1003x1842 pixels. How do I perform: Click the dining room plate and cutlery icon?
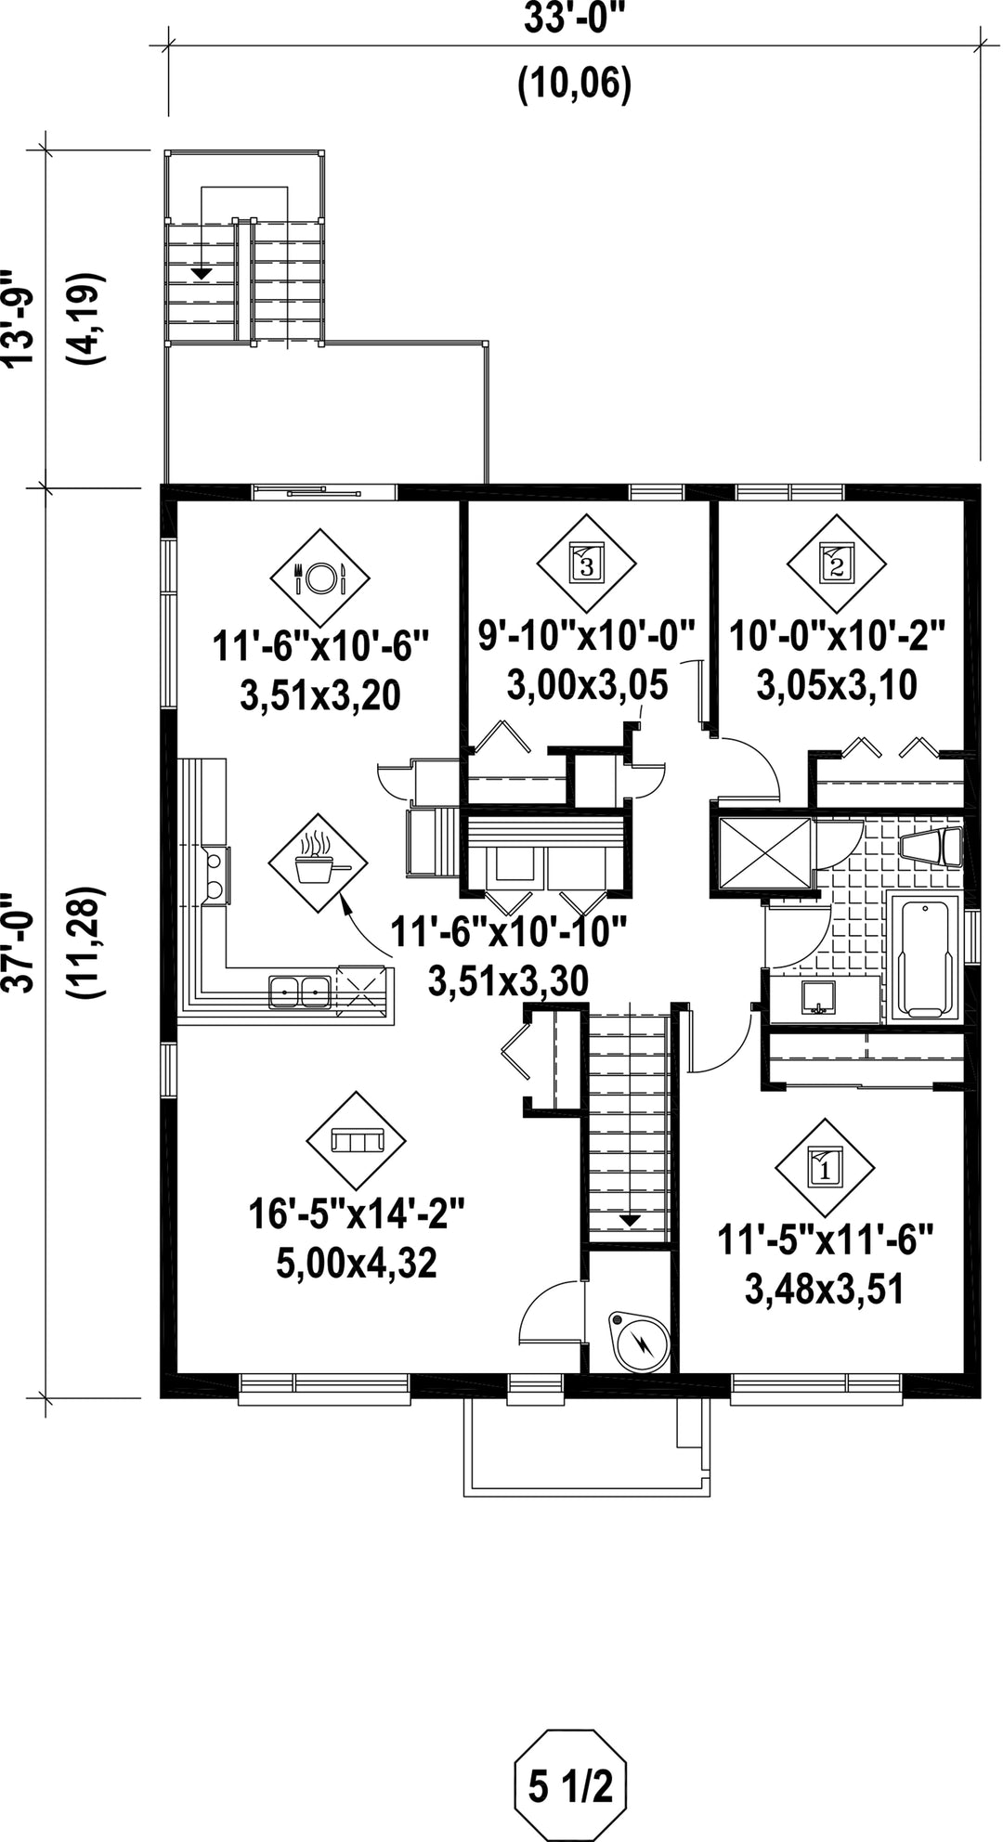coord(319,578)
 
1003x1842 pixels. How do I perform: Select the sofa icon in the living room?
coord(357,1138)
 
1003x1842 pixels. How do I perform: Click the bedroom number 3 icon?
coord(586,563)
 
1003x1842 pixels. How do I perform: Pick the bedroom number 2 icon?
coord(836,563)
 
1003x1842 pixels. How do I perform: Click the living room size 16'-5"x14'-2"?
coord(357,1213)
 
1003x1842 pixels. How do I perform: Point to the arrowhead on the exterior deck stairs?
coord(201,273)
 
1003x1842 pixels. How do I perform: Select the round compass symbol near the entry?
coord(640,1338)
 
